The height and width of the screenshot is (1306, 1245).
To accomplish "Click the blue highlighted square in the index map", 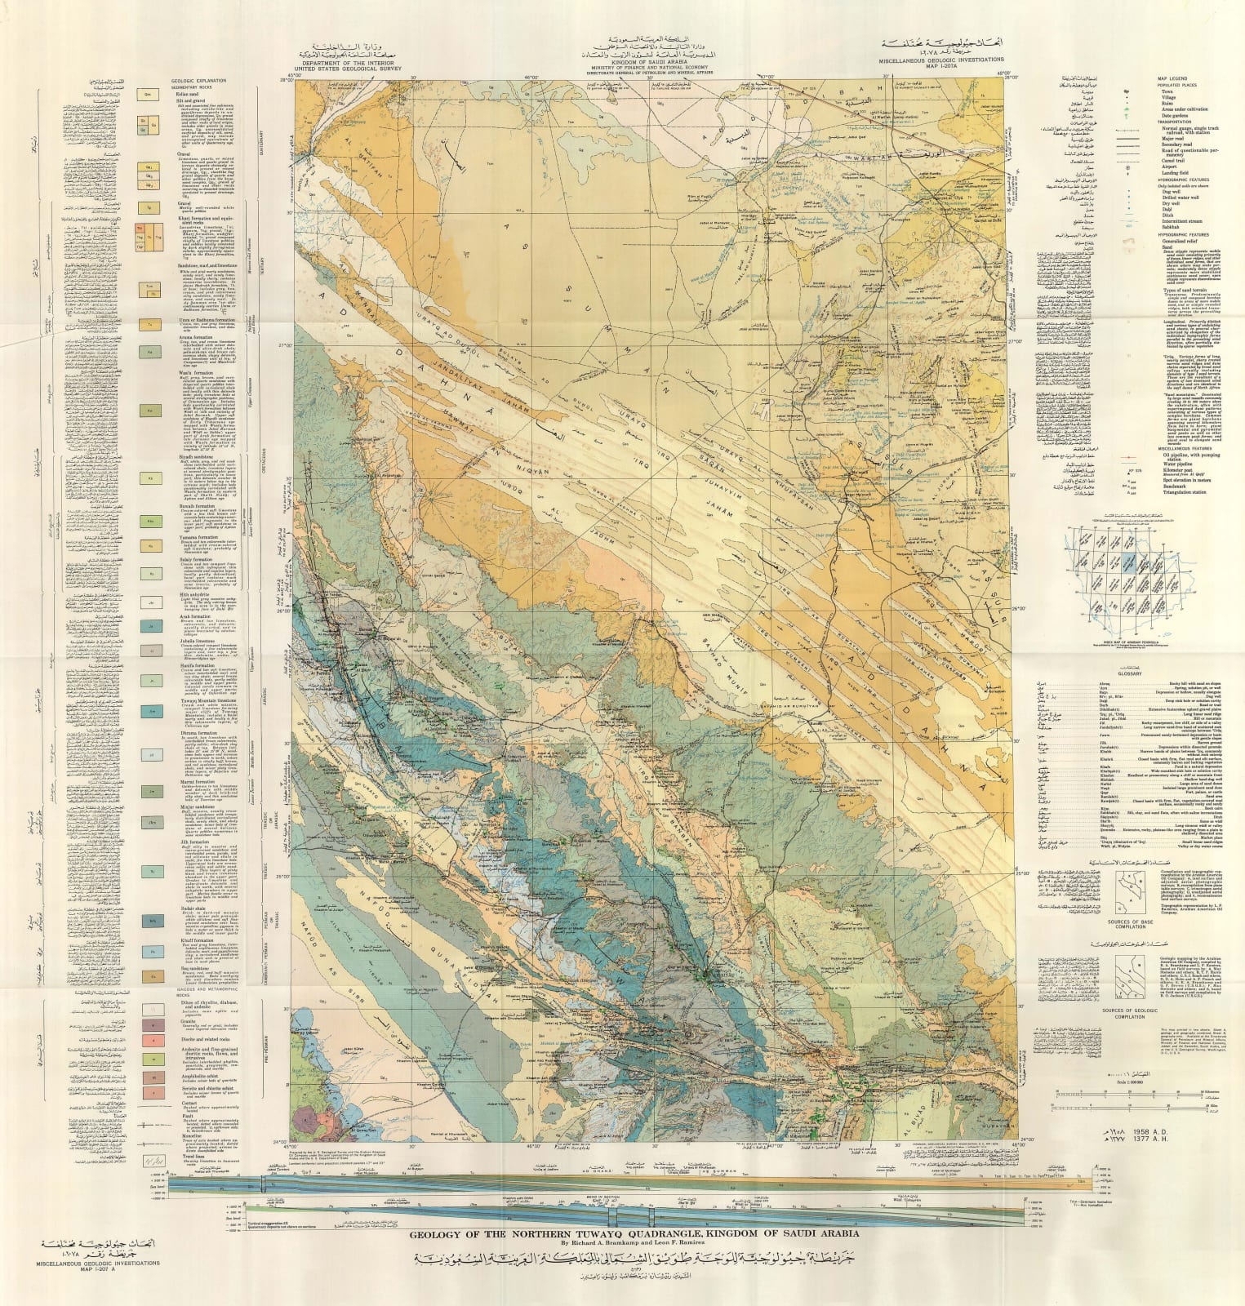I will pos(1128,563).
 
